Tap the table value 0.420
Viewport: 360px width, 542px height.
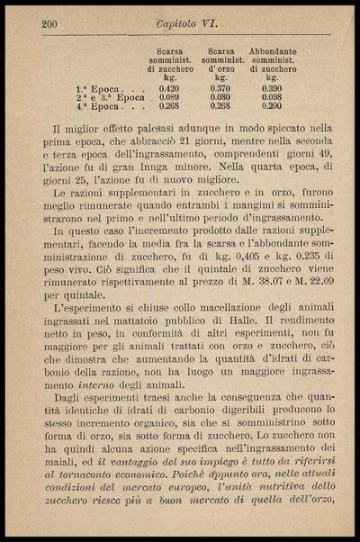tap(168, 88)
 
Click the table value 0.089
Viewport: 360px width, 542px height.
tap(168, 96)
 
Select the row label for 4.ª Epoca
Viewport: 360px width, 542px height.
tap(100, 105)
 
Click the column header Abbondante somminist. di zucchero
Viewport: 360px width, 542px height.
tap(272, 64)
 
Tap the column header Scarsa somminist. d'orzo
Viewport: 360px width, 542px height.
tap(220, 64)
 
